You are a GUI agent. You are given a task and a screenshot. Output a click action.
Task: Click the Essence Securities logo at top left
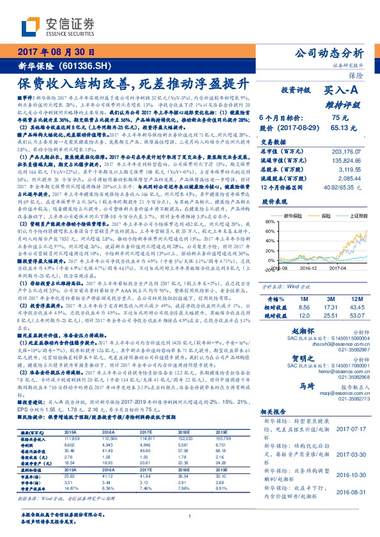click(x=58, y=25)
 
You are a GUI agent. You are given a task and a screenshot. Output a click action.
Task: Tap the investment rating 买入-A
click(x=341, y=91)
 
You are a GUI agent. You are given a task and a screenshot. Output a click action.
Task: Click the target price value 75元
click(x=339, y=117)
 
